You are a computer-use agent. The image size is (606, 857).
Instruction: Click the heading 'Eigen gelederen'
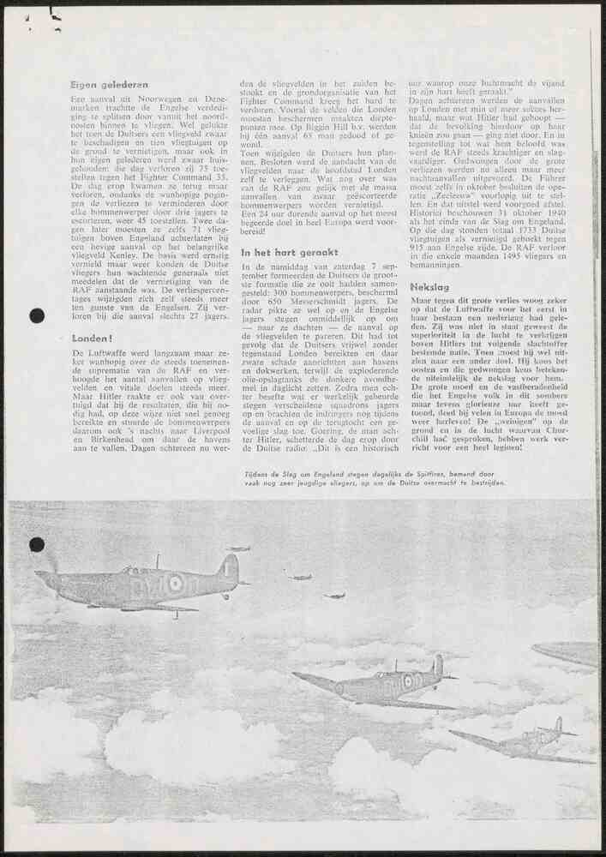pyautogui.click(x=109, y=85)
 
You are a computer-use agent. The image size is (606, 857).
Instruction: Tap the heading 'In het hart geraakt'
pyautogui.click(x=290, y=253)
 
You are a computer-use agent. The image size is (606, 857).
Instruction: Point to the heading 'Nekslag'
pyautogui.click(x=429, y=287)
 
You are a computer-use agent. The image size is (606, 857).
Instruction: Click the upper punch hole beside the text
pyautogui.click(x=37, y=315)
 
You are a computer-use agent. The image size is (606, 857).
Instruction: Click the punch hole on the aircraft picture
pyautogui.click(x=37, y=544)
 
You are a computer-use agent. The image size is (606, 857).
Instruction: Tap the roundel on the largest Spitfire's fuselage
pyautogui.click(x=175, y=584)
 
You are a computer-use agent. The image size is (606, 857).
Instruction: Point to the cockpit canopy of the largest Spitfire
pyautogui.click(x=129, y=570)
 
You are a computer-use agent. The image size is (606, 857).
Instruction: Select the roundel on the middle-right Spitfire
pyautogui.click(x=408, y=681)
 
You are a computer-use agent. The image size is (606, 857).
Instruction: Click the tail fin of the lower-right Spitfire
pyautogui.click(x=558, y=726)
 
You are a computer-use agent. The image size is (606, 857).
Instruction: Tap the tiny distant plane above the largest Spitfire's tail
pyautogui.click(x=238, y=548)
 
